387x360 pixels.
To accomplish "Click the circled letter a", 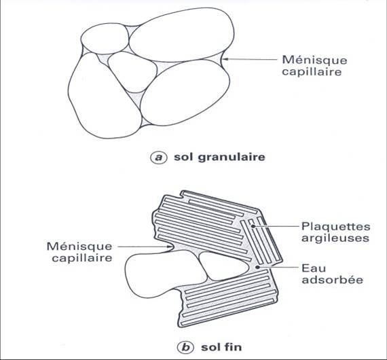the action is click(158, 158).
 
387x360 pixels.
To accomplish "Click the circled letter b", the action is click(185, 347).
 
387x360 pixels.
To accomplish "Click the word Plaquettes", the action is click(335, 227).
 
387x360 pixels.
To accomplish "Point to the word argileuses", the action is click(335, 238).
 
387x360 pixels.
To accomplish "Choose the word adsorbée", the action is click(333, 280).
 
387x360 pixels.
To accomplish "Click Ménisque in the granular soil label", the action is click(314, 60).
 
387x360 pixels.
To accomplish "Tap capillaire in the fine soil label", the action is click(82, 258).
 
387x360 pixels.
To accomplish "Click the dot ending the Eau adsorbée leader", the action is click(258, 267).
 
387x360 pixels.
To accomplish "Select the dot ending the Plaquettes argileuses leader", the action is click(253, 226).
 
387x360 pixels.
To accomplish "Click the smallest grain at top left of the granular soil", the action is click(105, 39).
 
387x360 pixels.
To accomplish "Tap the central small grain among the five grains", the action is click(132, 71).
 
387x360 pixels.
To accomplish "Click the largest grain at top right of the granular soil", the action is click(181, 35).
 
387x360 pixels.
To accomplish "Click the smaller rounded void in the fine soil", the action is click(223, 266).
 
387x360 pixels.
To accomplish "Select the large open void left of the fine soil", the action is click(163, 273).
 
